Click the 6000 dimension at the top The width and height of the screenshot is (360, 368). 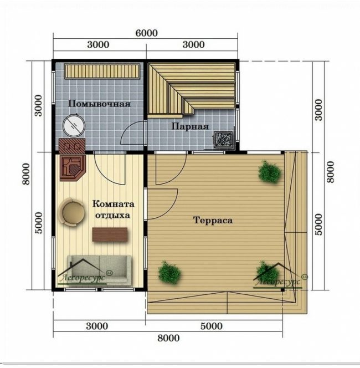click(x=147, y=33)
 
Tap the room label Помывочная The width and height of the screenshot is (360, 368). click(x=99, y=104)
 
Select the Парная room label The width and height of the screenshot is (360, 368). click(x=190, y=126)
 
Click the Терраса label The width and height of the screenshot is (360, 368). click(x=213, y=220)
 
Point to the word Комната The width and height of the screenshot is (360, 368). click(x=114, y=204)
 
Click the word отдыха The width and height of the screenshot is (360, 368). click(x=112, y=215)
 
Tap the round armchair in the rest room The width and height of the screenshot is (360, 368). click(x=72, y=212)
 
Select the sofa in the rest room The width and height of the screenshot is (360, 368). click(x=100, y=269)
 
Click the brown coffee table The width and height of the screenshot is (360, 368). click(x=110, y=234)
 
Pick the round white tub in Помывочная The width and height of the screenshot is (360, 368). click(x=74, y=126)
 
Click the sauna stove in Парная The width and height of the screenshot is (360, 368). click(x=224, y=140)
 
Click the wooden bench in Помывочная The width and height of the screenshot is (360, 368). click(x=102, y=71)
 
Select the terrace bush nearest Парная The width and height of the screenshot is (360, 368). click(x=270, y=172)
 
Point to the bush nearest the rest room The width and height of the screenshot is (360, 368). click(x=169, y=273)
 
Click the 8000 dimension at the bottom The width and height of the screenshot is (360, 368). click(x=168, y=338)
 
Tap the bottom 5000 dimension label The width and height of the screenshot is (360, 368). click(x=212, y=326)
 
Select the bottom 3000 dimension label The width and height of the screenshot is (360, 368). click(x=97, y=326)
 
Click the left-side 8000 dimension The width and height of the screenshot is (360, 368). click(x=26, y=174)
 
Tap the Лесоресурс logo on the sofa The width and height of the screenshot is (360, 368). click(x=84, y=273)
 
